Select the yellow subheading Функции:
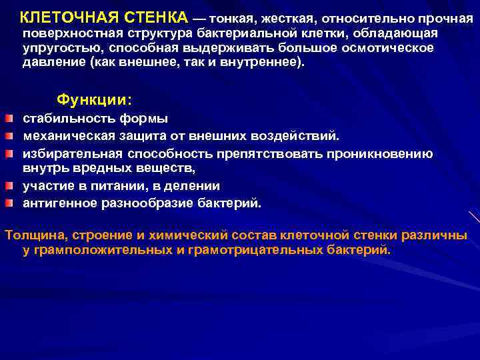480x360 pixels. pyautogui.click(x=94, y=99)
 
